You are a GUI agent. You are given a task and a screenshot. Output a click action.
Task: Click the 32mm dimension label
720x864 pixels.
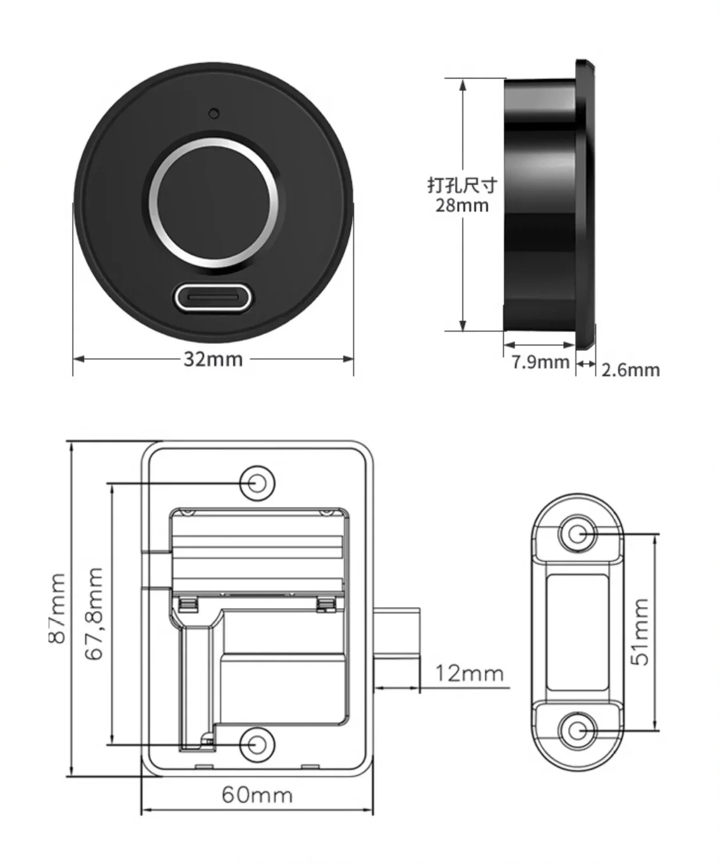coord(213,359)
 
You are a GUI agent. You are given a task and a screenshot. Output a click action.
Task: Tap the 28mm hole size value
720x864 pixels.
coord(462,205)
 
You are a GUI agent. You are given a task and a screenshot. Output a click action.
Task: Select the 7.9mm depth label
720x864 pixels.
coord(540,363)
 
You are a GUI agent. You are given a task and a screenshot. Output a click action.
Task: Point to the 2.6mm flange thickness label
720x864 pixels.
coord(630,370)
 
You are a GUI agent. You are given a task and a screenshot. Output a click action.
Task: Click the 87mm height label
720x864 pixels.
coord(57,608)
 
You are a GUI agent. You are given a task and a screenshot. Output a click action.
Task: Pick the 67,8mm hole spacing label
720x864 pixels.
coord(94,613)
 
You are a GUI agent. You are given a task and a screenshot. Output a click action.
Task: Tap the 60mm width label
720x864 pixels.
coord(257,794)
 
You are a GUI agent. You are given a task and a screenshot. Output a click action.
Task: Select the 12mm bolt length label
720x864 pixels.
coord(469,673)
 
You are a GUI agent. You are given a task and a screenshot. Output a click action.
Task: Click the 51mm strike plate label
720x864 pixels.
coord(640,631)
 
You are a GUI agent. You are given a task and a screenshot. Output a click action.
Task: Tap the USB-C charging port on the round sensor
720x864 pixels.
coord(213,296)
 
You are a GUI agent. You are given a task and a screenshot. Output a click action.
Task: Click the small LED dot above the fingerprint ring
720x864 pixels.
coord(214,114)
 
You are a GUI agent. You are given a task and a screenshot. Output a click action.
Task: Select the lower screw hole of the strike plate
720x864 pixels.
coord(575,730)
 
